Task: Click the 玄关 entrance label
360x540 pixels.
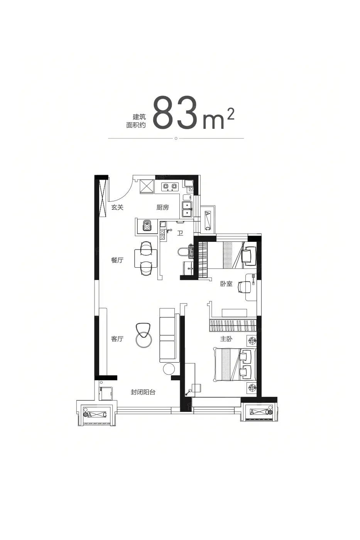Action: tap(117, 208)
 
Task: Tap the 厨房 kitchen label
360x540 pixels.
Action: tap(162, 208)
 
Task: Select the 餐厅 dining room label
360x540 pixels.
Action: tap(117, 260)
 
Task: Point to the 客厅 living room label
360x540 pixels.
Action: tap(117, 339)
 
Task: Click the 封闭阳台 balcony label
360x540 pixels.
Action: tap(143, 392)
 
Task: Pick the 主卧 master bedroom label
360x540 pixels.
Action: tap(226, 339)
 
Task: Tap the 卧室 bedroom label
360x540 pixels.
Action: tap(226, 284)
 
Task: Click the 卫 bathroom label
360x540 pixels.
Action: tap(180, 233)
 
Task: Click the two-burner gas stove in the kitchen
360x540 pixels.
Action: tap(170, 186)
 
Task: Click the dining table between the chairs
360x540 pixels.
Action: tap(145, 258)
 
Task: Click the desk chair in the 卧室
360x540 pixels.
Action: tap(242, 287)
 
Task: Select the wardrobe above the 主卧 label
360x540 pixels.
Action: tap(233, 325)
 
